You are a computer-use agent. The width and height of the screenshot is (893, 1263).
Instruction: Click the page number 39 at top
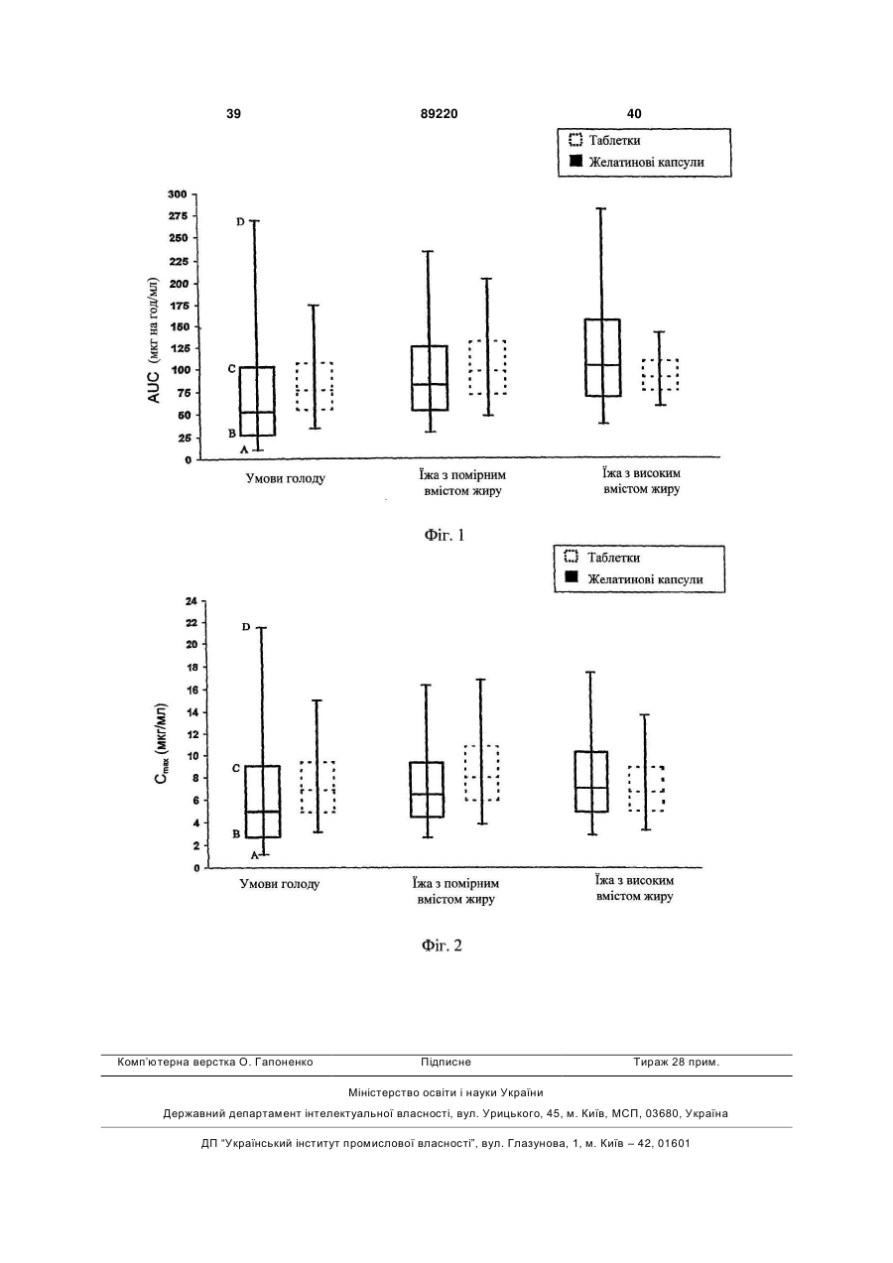[233, 114]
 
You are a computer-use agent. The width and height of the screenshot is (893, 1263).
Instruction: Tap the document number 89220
[440, 114]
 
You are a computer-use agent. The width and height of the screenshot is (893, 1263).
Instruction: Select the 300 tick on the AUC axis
[177, 193]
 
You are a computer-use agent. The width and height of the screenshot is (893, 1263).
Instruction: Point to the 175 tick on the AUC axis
[177, 306]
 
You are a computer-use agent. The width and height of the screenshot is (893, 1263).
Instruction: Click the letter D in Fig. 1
[240, 222]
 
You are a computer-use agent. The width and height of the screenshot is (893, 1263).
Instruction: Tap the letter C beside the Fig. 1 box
[232, 369]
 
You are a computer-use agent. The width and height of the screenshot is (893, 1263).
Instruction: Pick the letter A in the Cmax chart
[254, 855]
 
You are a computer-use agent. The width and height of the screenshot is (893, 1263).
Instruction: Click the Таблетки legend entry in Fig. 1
[605, 140]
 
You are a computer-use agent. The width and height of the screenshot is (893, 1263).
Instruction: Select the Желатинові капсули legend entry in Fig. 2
[634, 579]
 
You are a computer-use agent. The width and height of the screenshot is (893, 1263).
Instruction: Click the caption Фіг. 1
[445, 535]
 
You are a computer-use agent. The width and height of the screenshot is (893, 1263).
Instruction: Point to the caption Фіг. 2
[442, 946]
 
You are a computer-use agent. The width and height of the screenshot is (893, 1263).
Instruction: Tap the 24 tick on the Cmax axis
[191, 601]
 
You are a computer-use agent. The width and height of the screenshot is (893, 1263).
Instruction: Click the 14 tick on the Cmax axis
[191, 712]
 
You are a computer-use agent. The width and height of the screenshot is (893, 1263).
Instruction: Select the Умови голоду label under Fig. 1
[286, 478]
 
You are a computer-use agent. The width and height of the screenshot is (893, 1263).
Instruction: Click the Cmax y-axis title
[161, 744]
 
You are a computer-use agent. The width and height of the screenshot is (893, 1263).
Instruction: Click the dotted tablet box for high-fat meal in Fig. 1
[660, 374]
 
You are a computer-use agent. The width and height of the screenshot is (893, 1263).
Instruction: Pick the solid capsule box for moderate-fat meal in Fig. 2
[427, 790]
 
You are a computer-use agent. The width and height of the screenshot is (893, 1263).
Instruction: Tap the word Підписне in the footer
[446, 1063]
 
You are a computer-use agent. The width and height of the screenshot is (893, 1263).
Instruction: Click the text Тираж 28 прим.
[676, 1063]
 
